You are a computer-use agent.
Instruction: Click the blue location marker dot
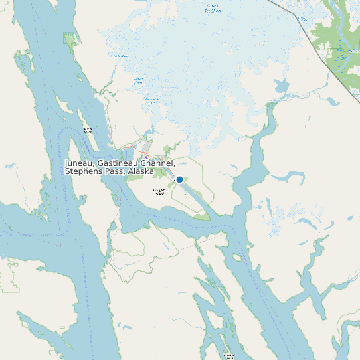pos(179,179)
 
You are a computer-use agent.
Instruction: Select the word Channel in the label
pos(159,163)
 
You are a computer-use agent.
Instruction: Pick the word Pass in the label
pos(113,171)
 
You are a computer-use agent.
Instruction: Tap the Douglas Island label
pos(159,191)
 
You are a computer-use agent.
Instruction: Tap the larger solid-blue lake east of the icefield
pos(281,86)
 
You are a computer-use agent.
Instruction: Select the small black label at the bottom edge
pos(229,356)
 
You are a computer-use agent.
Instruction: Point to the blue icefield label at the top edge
pos(213,9)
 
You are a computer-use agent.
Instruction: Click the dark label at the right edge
pos(352,50)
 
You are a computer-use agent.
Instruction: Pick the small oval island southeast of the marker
pos(238,256)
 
